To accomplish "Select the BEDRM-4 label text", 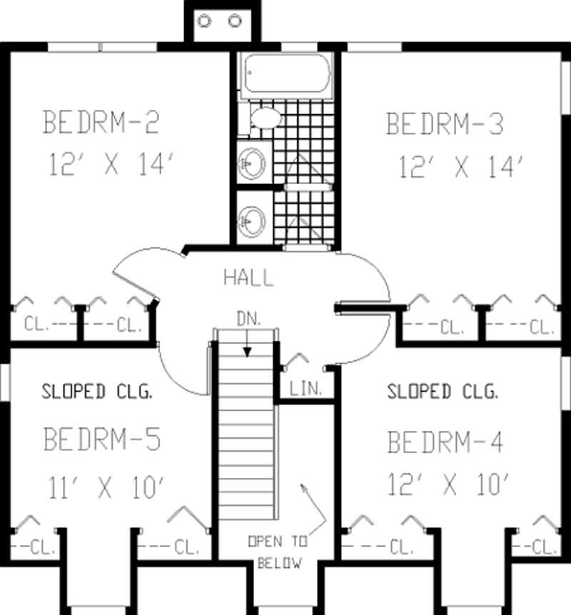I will pos(445,442).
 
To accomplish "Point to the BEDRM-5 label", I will pos(102,438).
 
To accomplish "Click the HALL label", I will pos(248,278).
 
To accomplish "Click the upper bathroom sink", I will pos(251,163).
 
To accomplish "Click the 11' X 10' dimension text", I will pos(107,488).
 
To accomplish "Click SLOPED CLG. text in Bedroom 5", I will pos(97,392).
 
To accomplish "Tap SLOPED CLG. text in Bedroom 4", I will pos(443,392).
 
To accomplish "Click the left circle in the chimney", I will pos(204,21).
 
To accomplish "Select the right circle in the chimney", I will pos(235,21).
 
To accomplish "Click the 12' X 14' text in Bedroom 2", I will pos(112,165).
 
